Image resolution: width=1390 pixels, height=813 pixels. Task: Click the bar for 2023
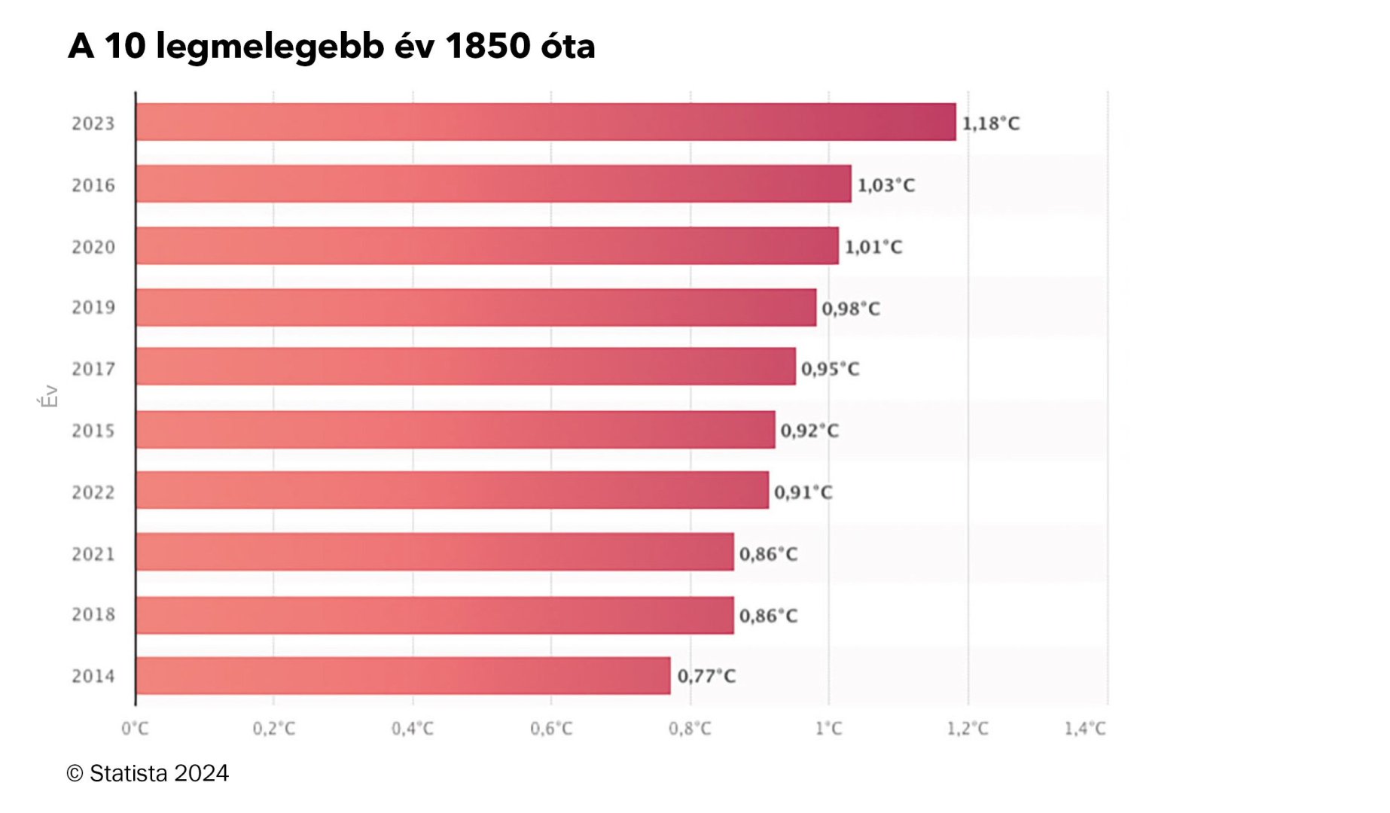point(546,122)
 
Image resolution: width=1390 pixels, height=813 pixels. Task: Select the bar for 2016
point(494,184)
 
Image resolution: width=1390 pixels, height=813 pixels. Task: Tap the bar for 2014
point(403,675)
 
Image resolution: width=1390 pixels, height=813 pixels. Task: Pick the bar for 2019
point(476,307)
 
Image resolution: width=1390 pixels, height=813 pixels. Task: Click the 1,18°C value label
point(991,123)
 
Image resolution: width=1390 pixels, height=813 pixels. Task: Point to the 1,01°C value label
point(873,247)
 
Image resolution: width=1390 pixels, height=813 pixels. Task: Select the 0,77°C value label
point(706,676)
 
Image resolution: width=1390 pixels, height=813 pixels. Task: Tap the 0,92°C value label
point(809,431)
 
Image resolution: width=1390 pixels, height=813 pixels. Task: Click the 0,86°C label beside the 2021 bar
point(768,554)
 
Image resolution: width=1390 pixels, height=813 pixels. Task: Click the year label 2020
point(93,247)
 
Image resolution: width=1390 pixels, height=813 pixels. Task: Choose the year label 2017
point(93,369)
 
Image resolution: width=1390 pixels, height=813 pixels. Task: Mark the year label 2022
point(93,492)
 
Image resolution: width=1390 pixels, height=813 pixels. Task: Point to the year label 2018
point(93,614)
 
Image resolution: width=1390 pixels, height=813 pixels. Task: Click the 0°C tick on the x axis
point(136,729)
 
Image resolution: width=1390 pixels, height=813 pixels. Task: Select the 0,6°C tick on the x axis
point(551,729)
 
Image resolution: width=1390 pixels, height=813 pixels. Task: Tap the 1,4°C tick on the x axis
point(1085,729)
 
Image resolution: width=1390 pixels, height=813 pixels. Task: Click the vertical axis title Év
point(49,396)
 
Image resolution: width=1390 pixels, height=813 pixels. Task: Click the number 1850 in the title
point(488,46)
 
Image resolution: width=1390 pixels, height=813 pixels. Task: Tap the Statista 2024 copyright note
point(148,773)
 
